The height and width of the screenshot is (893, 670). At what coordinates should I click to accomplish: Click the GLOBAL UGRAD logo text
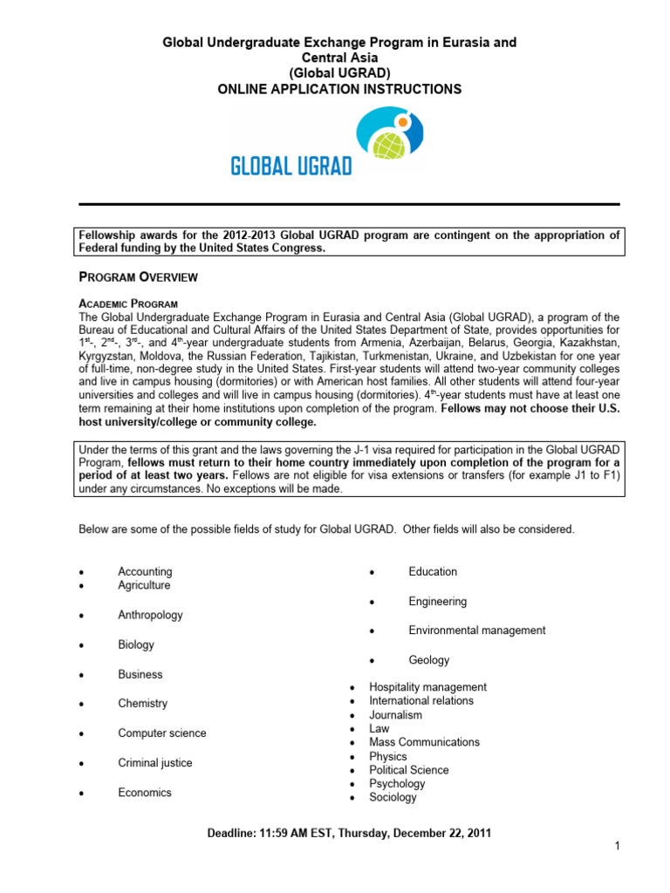click(291, 166)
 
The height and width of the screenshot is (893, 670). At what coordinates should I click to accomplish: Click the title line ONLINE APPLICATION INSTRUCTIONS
click(339, 89)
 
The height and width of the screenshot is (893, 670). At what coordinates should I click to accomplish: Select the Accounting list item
click(145, 572)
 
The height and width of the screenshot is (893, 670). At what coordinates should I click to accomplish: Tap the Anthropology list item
click(150, 615)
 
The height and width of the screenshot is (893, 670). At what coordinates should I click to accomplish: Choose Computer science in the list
click(162, 733)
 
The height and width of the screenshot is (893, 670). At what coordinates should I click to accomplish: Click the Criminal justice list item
click(155, 763)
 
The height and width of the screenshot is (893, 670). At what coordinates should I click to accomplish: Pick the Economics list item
click(145, 793)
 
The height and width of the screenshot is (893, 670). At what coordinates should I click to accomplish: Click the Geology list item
click(428, 660)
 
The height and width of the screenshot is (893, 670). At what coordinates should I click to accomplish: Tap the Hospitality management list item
click(427, 687)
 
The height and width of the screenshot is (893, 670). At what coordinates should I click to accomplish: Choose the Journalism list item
click(395, 715)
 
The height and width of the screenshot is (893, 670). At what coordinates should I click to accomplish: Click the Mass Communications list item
click(424, 742)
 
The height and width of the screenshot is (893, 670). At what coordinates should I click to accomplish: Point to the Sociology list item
click(393, 797)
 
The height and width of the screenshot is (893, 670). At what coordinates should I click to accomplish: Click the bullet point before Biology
click(81, 646)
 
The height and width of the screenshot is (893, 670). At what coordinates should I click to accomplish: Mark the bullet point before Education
click(372, 573)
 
